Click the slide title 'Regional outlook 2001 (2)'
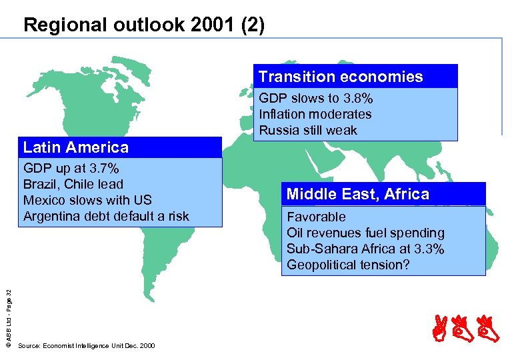tap(143, 25)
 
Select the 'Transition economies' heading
tap(341, 77)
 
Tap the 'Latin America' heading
tap(75, 147)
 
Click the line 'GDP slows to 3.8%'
tap(315, 98)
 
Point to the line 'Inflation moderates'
tap(315, 114)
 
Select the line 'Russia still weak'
tap(308, 130)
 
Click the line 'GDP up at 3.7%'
tap(71, 168)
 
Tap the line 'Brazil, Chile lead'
tap(73, 184)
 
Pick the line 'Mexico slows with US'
tap(87, 200)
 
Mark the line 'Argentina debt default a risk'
tap(106, 216)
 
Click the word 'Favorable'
tap(316, 217)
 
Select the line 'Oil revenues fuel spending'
tap(365, 233)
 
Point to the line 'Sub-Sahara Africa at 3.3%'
tap(365, 249)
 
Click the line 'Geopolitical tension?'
tap(348, 265)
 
